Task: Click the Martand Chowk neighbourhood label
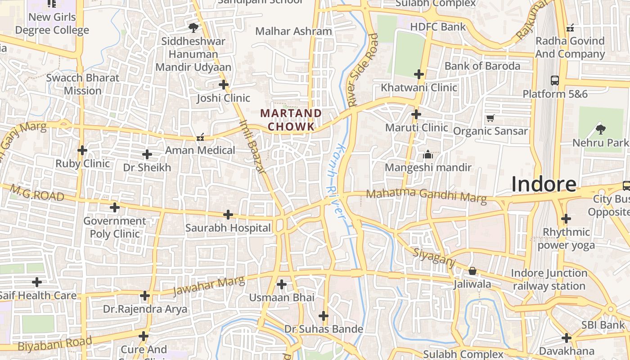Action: click(292, 120)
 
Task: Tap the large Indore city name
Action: click(544, 184)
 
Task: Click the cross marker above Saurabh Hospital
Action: click(228, 215)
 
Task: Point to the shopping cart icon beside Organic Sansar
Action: click(490, 118)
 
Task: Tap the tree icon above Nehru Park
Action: click(600, 130)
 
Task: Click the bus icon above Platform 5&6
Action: click(555, 81)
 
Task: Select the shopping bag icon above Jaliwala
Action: click(472, 271)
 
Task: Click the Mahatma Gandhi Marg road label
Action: click(426, 195)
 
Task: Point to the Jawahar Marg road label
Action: click(209, 286)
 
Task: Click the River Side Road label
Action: click(363, 70)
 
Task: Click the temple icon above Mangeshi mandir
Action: click(428, 155)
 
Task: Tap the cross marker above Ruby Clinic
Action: click(82, 150)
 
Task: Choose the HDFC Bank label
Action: click(438, 27)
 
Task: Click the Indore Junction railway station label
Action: click(549, 279)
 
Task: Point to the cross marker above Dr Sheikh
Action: click(147, 154)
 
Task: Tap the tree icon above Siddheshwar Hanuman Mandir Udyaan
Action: click(193, 28)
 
